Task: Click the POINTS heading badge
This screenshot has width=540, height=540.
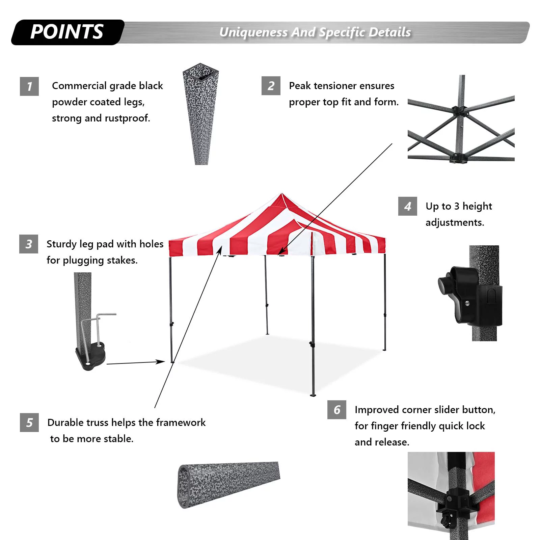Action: (x=67, y=32)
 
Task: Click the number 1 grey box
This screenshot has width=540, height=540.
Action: (x=29, y=86)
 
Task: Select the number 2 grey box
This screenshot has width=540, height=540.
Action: (x=271, y=86)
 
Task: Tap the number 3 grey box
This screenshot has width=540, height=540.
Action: (x=29, y=244)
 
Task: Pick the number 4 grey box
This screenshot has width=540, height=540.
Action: (x=408, y=206)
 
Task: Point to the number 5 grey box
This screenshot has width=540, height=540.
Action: (x=29, y=423)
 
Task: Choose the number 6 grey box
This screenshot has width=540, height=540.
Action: (x=337, y=410)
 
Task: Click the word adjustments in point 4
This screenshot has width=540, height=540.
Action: (x=455, y=222)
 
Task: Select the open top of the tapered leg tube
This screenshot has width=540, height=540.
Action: (x=201, y=72)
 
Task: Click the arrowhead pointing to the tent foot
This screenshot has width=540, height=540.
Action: (x=161, y=361)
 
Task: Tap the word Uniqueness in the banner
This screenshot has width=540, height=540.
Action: (x=253, y=32)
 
